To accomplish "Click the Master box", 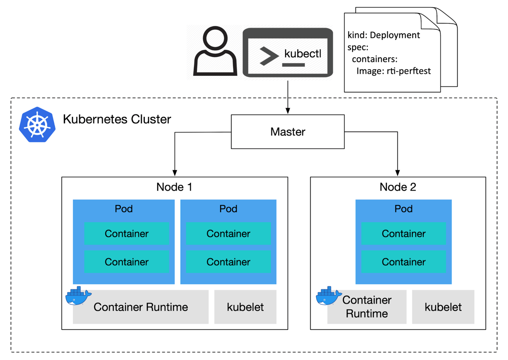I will [287, 132].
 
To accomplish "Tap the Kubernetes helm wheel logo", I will [37, 124].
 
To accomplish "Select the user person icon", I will [215, 52].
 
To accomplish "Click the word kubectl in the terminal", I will [303, 54].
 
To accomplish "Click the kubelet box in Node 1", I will [245, 307].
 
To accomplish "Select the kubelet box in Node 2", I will [443, 307].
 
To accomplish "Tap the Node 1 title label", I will [174, 187].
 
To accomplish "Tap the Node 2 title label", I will [398, 187].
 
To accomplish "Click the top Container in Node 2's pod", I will [403, 233].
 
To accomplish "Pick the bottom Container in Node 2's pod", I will [403, 262].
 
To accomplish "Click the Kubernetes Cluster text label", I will [117, 119].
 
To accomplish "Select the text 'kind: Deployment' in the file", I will [384, 35].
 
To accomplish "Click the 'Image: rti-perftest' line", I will [393, 71].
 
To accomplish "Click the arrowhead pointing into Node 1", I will [175, 173].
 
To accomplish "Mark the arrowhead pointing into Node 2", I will [398, 173].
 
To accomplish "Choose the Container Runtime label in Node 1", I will [141, 307].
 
